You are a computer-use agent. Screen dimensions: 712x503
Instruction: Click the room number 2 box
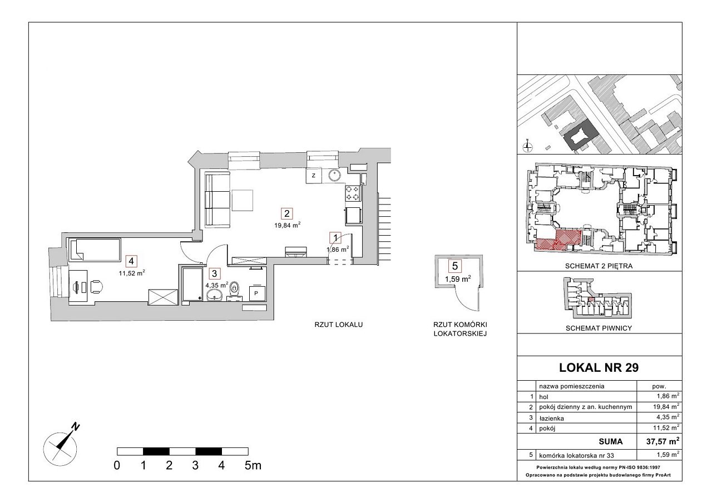[286, 213]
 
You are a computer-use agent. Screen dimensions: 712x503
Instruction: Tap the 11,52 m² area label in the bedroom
[132, 273]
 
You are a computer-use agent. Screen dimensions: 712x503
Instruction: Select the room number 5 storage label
[455, 266]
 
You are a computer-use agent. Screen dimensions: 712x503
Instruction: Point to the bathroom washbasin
[215, 295]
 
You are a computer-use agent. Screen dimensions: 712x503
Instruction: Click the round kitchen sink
[334, 175]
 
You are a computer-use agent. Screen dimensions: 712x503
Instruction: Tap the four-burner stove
[353, 193]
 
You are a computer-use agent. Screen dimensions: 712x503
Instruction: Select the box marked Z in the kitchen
[314, 176]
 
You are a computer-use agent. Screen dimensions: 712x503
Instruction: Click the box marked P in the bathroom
[256, 293]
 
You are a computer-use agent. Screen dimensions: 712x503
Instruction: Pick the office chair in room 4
[97, 286]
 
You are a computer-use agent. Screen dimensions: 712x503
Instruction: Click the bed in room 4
[95, 250]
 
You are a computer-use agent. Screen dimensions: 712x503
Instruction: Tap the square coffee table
[242, 200]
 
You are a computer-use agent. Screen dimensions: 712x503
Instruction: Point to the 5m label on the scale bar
[253, 466]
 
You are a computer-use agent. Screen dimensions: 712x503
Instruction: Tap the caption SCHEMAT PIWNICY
[599, 328]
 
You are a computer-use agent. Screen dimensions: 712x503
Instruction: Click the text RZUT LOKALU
[339, 325]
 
